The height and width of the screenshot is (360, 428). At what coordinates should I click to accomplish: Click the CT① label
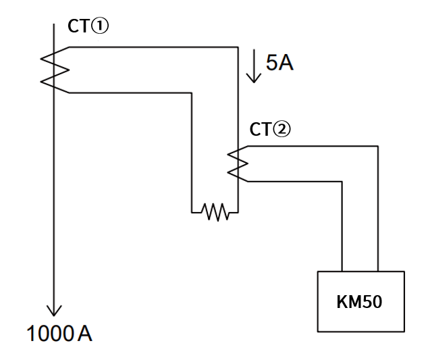tap(88, 26)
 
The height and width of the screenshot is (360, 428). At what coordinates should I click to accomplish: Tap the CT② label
tap(270, 129)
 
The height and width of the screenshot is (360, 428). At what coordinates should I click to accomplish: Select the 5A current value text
tap(279, 63)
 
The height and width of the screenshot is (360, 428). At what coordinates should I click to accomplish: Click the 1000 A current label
tap(59, 333)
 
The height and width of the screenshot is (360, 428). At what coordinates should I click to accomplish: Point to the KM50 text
tap(359, 302)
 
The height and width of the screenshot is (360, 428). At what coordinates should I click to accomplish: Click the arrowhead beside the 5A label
tap(254, 78)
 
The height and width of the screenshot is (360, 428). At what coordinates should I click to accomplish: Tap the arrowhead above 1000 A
tap(54, 311)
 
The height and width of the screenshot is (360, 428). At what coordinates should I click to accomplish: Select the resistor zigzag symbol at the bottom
tap(215, 212)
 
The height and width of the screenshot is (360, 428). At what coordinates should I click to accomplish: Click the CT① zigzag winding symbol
tap(55, 70)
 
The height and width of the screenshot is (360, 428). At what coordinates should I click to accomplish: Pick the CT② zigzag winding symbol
tap(238, 163)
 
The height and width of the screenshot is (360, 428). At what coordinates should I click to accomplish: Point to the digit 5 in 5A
tap(271, 63)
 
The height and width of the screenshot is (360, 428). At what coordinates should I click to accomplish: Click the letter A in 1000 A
tap(85, 334)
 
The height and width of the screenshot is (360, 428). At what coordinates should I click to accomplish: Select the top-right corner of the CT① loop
tap(238, 47)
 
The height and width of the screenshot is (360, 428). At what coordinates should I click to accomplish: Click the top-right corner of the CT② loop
tap(378, 147)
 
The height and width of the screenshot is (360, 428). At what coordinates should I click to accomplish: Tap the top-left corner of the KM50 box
tap(318, 272)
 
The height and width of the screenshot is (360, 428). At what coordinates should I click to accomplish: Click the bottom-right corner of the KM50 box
tap(404, 332)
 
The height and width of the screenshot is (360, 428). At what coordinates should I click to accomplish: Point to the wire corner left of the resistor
tap(192, 212)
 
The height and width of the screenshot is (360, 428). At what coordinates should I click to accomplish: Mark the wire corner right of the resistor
tap(238, 212)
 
